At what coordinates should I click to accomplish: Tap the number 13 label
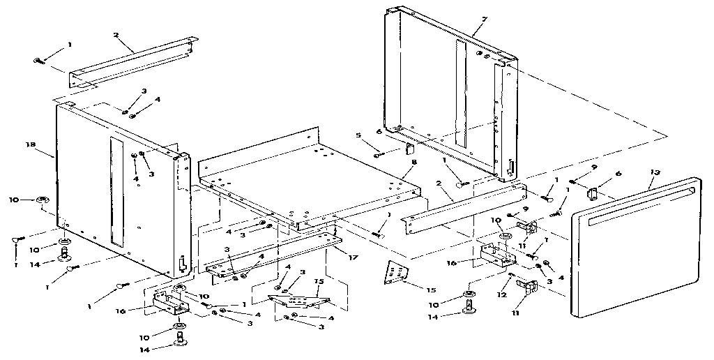655,170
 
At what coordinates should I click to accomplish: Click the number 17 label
354,257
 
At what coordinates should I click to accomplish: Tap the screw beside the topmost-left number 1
39,61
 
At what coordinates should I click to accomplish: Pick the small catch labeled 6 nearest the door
593,193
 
